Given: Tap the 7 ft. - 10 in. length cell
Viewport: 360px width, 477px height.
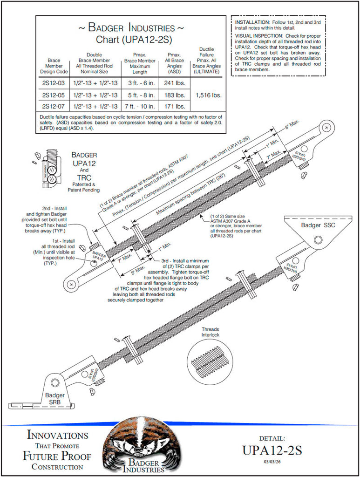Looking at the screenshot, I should [139, 106].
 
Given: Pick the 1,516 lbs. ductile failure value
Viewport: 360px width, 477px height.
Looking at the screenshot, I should [208, 95].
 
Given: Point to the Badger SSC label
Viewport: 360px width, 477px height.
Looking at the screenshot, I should [317, 225].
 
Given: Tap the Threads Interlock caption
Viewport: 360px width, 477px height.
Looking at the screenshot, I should [210, 332].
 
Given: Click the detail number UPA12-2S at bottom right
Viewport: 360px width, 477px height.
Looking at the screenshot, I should [272, 450].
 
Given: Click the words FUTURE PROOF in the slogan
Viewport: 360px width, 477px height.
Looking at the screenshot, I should [57, 456].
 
